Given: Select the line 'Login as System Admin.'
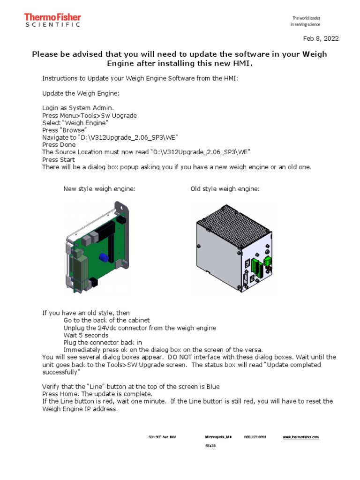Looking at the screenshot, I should pos(78,107).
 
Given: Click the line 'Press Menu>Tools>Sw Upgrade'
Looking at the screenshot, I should pos(90,115).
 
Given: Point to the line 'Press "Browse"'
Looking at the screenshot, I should pos(64,130).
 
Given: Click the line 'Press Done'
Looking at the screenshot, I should pos(59,145).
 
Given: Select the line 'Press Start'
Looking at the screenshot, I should pos(59,159).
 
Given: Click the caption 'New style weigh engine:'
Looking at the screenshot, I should pos(99,189).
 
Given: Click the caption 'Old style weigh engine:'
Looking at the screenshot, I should pos(225,189).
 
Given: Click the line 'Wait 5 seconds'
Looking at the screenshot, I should pos(86,335).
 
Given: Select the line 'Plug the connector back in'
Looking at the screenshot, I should pos(102,343).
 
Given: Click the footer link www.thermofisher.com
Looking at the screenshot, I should pos(301,437).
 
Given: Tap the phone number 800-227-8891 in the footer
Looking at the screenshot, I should pos(255,437).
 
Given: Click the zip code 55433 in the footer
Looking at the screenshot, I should pos(210,446).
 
